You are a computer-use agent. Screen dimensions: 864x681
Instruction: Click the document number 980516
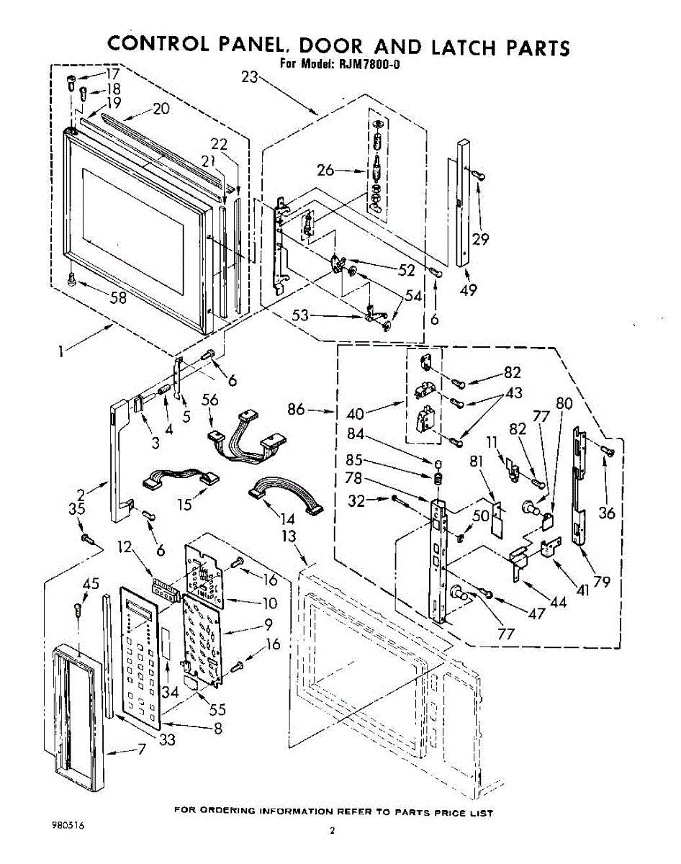coord(67,825)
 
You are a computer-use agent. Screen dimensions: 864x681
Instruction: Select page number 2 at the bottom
coord(333,831)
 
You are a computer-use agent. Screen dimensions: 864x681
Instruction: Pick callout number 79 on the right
coord(602,582)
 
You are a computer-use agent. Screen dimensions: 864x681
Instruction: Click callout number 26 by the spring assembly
coord(326,171)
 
